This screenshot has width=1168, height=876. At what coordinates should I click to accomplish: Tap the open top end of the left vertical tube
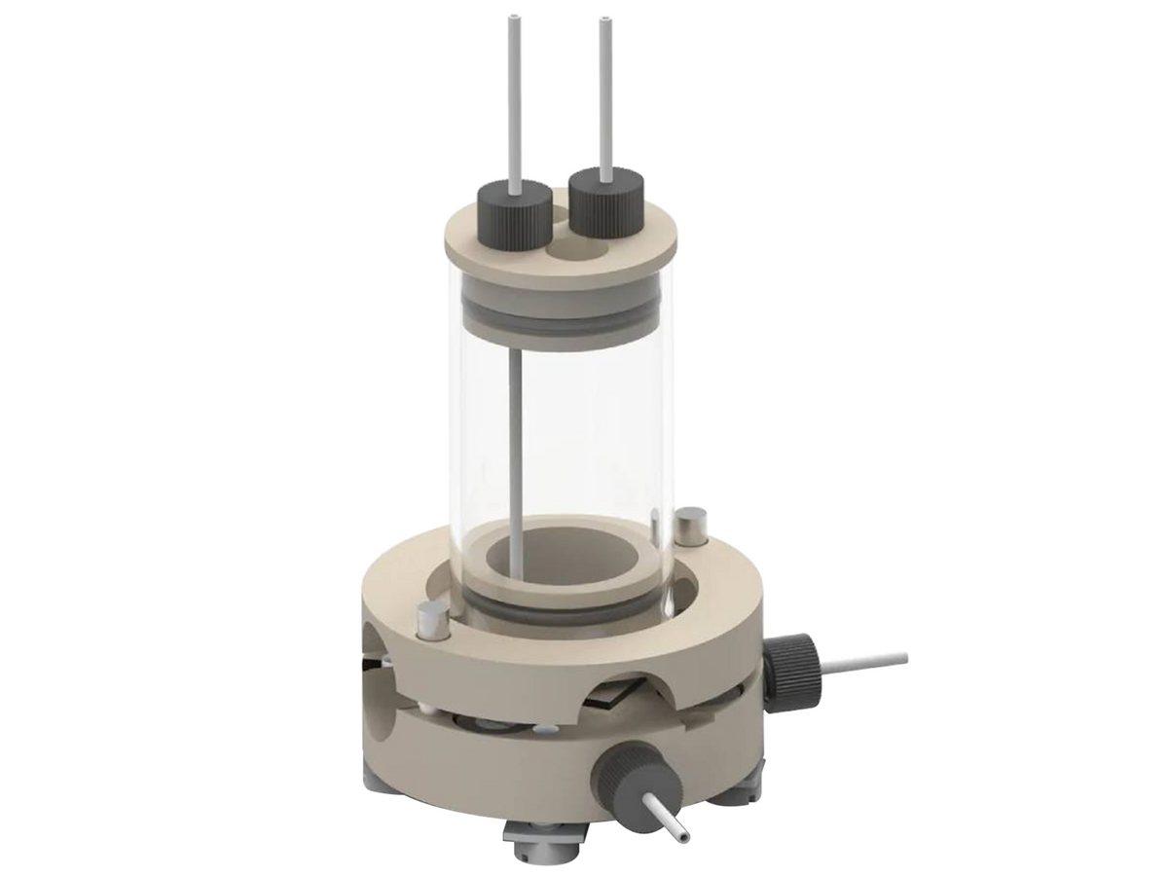[515, 19]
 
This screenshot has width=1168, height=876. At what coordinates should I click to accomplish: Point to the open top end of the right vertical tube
[605, 19]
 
